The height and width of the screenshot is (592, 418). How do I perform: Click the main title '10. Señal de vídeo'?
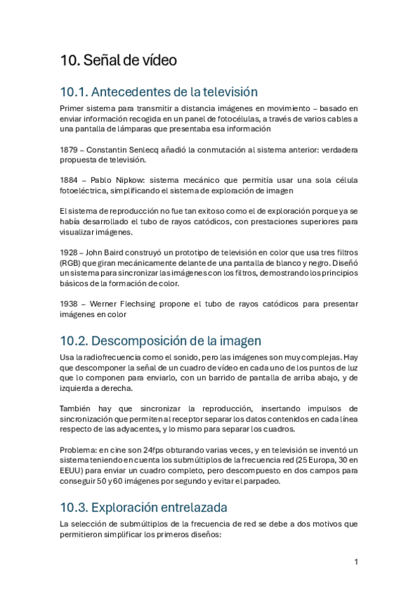pos(118,61)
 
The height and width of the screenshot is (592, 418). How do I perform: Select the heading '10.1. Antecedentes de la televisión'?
pos(159,91)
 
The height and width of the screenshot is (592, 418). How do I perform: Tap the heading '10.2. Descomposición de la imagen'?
pos(161,341)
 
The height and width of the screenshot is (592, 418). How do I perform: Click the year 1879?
pos(69,149)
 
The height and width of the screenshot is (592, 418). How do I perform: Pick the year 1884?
pos(69,180)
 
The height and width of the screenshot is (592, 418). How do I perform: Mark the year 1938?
pos(69,304)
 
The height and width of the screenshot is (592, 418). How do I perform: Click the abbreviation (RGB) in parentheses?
pos(71,262)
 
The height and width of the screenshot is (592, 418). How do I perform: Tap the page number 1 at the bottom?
pos(356,562)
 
